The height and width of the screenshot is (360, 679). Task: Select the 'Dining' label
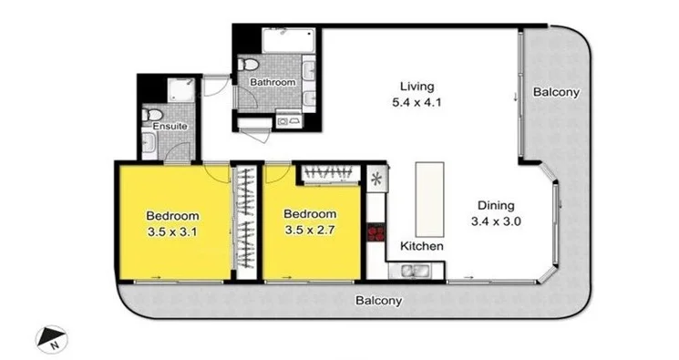point(493,205)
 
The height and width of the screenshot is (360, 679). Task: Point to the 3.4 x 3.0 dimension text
point(493,221)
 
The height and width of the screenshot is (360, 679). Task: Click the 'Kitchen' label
point(423,247)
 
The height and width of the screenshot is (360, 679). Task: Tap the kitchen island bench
point(430,198)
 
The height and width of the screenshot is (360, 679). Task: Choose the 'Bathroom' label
point(273,83)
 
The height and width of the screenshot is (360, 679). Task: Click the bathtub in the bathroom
point(285,41)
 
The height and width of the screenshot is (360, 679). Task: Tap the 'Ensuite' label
point(170,126)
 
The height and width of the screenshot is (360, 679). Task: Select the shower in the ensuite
point(175,90)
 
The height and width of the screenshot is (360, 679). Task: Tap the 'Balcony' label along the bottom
point(378,300)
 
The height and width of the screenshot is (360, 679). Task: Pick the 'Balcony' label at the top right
point(556,93)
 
